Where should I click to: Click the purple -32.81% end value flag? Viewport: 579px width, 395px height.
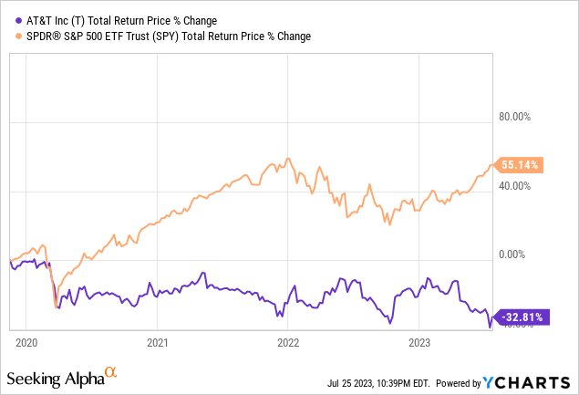point(522,317)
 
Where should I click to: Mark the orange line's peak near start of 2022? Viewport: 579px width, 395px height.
point(288,158)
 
